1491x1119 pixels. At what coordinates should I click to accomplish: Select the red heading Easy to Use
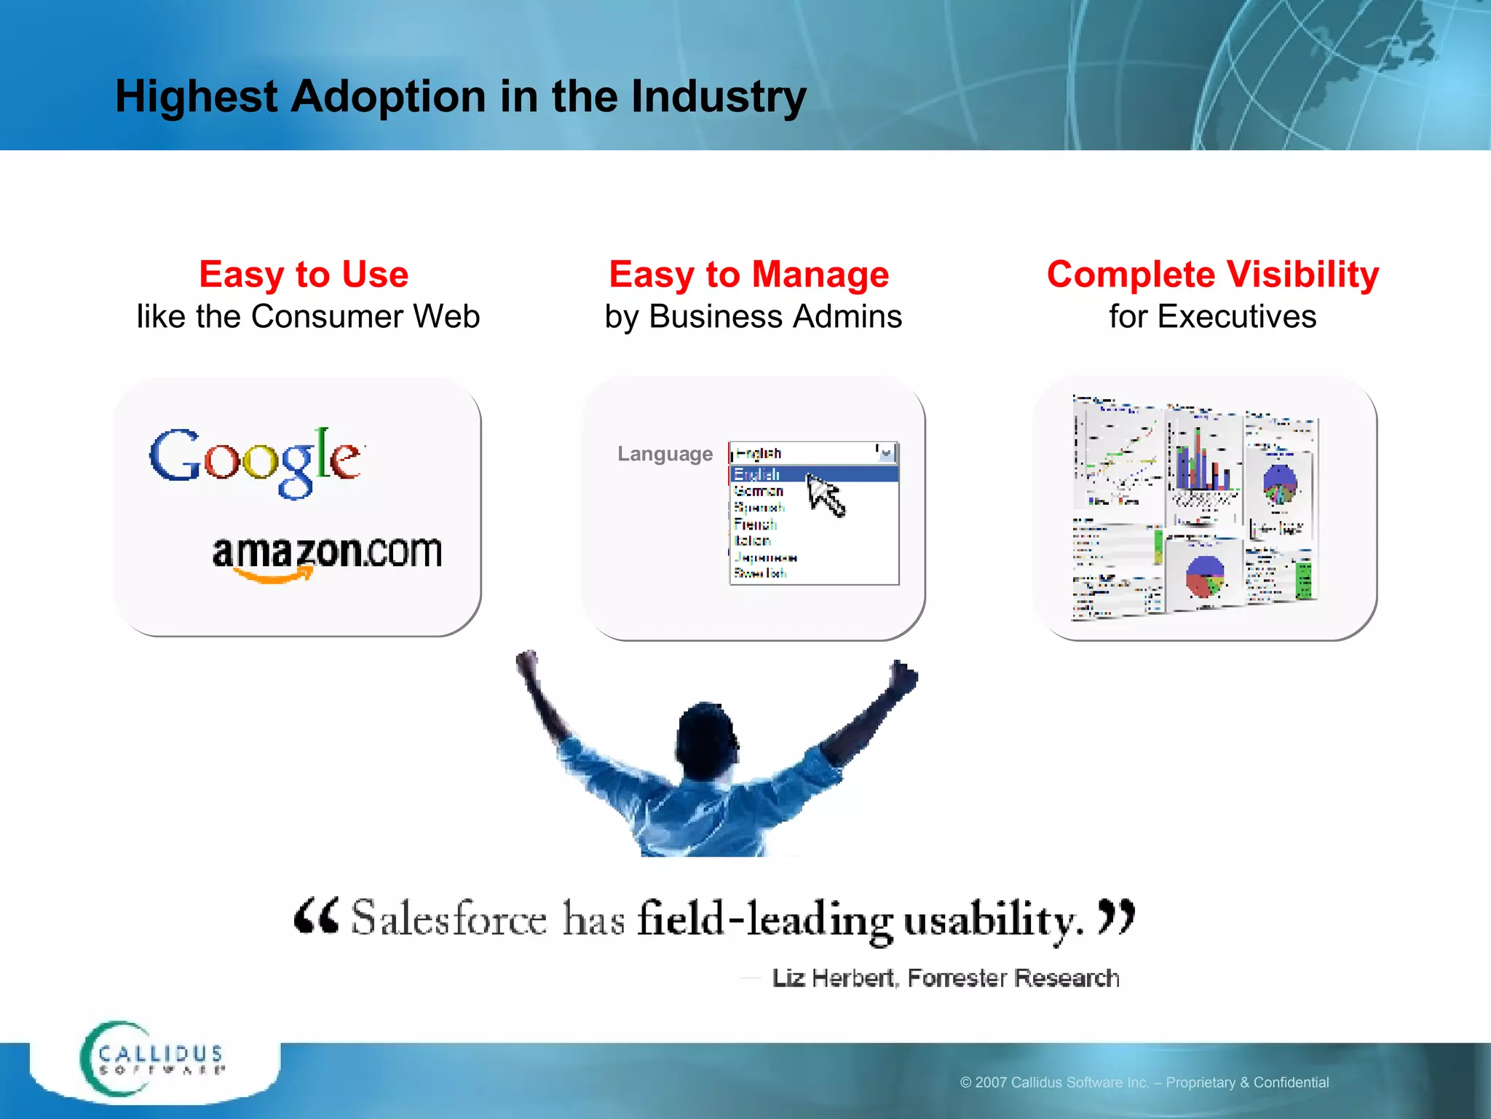(304, 275)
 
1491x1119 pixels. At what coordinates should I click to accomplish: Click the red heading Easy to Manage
(748, 275)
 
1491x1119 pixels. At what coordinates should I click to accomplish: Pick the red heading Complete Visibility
(1212, 275)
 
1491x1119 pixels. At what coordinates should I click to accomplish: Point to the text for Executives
(1212, 317)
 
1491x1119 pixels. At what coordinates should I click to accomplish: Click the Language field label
(665, 454)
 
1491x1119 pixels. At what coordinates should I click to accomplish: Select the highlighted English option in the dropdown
(757, 474)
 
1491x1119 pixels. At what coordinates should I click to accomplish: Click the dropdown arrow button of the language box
(886, 453)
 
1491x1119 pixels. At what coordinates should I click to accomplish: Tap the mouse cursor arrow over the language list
(824, 493)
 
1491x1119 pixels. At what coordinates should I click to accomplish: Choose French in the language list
(755, 525)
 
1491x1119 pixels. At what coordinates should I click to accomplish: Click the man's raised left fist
(526, 662)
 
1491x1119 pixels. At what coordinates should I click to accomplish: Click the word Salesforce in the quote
(448, 919)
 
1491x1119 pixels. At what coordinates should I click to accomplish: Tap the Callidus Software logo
(153, 1060)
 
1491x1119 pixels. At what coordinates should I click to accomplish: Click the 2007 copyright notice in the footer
(1144, 1083)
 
